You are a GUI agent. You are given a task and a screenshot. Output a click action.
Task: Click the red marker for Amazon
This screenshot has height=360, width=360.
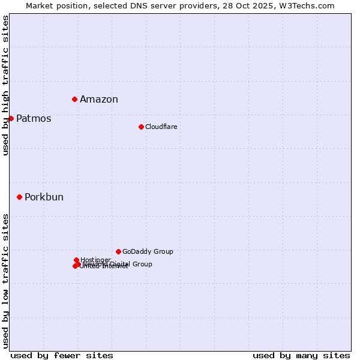click(74, 99)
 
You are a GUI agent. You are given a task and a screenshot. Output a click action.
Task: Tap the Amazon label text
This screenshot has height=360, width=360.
click(99, 100)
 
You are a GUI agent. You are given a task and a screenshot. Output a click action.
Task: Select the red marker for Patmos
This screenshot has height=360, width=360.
click(11, 118)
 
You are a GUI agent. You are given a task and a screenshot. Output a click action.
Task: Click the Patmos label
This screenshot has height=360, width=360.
click(34, 119)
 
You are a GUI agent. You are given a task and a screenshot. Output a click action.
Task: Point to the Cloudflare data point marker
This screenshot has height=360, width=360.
click(141, 127)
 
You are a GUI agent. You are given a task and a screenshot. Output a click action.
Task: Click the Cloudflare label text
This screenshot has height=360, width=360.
click(161, 127)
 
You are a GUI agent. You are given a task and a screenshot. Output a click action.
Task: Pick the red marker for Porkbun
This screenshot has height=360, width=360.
click(19, 197)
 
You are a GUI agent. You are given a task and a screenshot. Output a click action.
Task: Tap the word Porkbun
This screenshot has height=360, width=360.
click(44, 197)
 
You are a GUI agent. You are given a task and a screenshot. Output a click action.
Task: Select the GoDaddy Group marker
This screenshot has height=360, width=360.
click(118, 251)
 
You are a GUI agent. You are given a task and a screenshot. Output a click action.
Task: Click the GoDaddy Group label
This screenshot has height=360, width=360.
click(148, 251)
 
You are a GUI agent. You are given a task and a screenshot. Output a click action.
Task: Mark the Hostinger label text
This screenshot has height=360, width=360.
click(95, 260)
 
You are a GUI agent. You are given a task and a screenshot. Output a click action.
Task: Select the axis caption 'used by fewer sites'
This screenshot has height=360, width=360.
click(62, 355)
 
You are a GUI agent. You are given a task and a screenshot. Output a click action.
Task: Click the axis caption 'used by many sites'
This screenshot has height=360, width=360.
click(301, 355)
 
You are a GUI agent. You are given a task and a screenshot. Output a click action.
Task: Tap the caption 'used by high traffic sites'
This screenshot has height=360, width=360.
click(5, 86)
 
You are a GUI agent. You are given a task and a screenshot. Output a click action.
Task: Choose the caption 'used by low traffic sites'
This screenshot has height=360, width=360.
click(5, 281)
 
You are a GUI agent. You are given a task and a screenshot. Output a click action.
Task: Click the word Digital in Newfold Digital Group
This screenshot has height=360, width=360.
click(121, 264)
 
